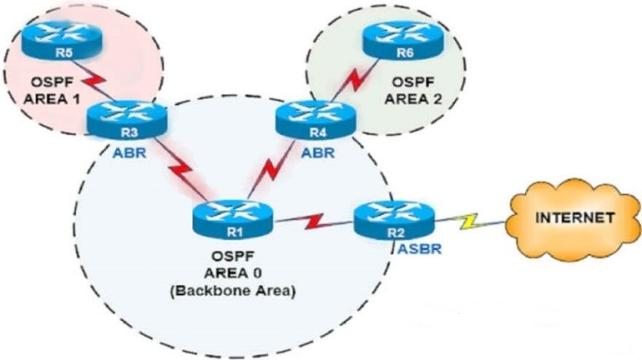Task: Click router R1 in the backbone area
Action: click(x=232, y=220)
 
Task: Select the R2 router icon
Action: click(x=394, y=220)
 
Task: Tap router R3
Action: click(x=127, y=119)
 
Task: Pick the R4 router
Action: click(x=316, y=119)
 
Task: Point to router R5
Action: click(x=61, y=40)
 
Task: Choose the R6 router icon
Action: click(x=403, y=40)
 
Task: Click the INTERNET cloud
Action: click(x=574, y=220)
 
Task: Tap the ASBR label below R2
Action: click(x=419, y=249)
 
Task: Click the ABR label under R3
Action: click(x=130, y=153)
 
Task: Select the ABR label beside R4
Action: click(x=318, y=153)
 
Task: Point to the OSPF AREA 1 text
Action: click(x=51, y=90)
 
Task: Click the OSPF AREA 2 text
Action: click(x=413, y=90)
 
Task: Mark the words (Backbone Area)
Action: click(x=232, y=291)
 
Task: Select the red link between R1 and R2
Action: click(x=313, y=221)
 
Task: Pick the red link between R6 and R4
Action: click(x=354, y=81)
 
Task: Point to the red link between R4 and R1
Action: click(x=271, y=170)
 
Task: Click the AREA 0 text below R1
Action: click(x=232, y=273)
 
